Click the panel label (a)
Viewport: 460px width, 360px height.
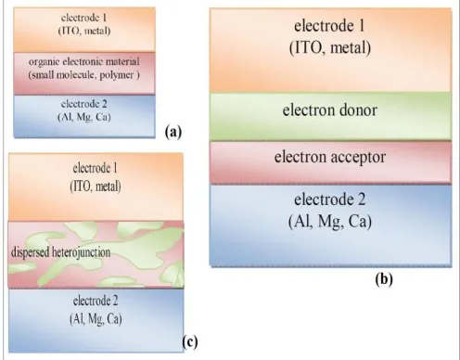[173, 133]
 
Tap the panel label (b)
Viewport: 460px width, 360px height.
[384, 279]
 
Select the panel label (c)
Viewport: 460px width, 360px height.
[189, 342]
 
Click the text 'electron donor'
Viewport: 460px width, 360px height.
[330, 110]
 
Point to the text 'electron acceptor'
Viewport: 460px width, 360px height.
[330, 158]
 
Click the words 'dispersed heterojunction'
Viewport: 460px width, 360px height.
[60, 252]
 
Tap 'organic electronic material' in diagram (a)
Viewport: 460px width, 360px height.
[84, 61]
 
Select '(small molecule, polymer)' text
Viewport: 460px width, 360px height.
[84, 75]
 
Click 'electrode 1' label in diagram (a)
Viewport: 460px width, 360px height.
[83, 18]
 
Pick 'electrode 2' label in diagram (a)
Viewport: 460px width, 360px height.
[84, 104]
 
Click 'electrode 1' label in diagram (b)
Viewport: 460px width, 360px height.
[329, 26]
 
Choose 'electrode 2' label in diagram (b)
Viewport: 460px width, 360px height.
[330, 199]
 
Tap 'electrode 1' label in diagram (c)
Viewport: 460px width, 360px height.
[96, 168]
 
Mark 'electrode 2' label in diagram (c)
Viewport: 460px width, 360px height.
[96, 301]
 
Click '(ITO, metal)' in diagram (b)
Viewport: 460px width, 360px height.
[330, 48]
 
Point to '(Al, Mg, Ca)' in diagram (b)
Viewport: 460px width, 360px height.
[330, 222]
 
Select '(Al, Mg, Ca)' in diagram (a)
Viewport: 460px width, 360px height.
[84, 117]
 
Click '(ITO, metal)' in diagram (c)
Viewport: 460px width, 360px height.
[96, 186]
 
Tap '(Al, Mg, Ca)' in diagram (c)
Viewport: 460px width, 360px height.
[96, 319]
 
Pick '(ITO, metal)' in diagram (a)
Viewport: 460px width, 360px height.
[84, 31]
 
